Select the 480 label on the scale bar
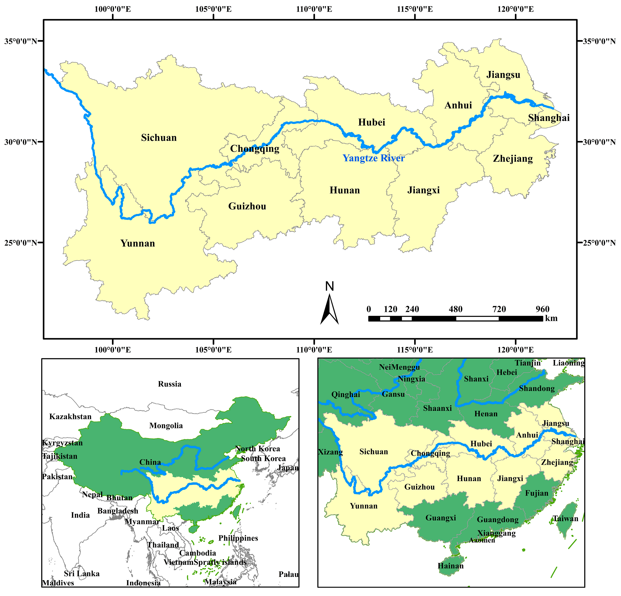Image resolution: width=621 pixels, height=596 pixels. tap(456, 309)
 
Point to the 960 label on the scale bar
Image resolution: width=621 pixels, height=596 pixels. tap(542, 309)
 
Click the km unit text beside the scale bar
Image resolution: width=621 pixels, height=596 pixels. tap(551, 318)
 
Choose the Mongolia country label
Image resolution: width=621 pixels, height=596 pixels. tap(166, 425)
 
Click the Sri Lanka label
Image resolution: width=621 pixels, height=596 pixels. tap(82, 574)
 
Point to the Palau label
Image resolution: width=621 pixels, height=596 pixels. tap(288, 574)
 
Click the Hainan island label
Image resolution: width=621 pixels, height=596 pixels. tap(451, 566)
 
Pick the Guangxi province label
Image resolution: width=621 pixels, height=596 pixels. tap(441, 518)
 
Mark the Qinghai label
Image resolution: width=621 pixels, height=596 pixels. tap(346, 394)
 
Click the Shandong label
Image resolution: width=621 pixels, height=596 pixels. tap(537, 388)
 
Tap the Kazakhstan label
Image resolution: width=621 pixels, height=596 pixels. tap(70, 417)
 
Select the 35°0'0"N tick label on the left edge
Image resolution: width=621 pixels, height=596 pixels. tap(21, 41)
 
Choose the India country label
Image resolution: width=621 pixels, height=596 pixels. tap(80, 515)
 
